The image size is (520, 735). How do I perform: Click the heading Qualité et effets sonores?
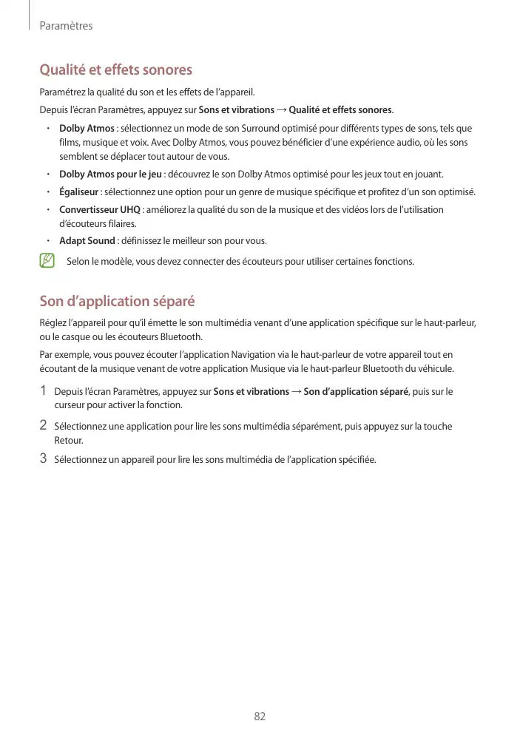tap(115, 70)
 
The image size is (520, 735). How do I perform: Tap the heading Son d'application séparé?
tap(117, 301)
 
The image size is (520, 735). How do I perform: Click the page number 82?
tap(260, 716)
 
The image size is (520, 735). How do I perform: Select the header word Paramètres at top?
tap(66, 26)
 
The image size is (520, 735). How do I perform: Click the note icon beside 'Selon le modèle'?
tap(47, 260)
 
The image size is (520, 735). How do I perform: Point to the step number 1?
tap(44, 390)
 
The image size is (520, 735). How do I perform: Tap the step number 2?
tap(44, 425)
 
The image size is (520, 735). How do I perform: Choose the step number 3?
tap(44, 458)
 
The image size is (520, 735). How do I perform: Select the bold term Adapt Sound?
tap(87, 240)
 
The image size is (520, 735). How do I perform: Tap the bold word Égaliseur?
tap(79, 192)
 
